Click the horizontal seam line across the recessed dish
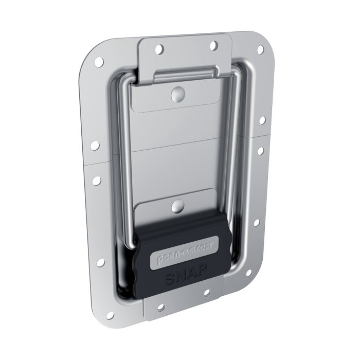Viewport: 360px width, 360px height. [x=180, y=151]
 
